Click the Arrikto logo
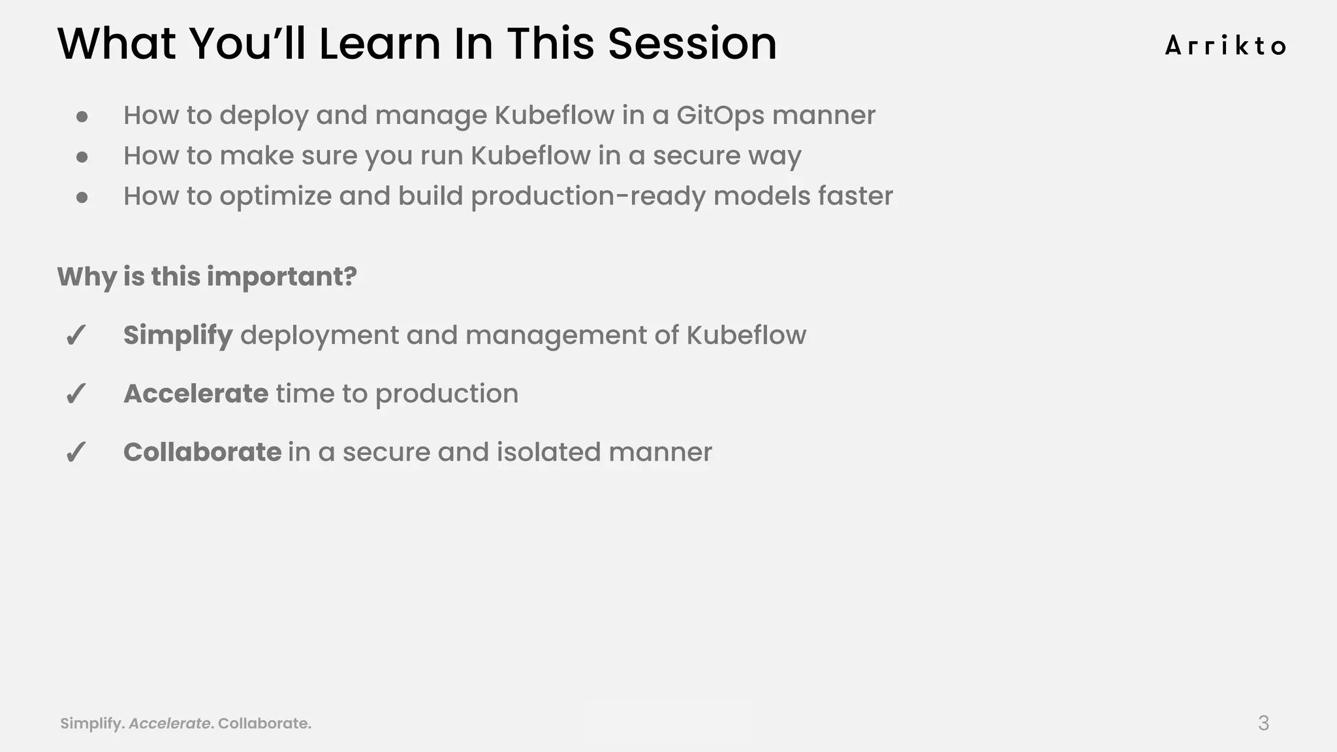coord(1225,46)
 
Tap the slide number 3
coord(1263,723)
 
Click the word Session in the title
coord(692,44)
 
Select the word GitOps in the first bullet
coord(720,116)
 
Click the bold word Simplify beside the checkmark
coord(178,336)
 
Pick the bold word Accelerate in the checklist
coord(196,394)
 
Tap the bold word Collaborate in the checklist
coord(202,452)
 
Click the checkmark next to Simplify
coord(76,336)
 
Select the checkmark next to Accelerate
coord(76,394)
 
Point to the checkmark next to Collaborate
coord(76,453)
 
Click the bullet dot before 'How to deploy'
coord(82,117)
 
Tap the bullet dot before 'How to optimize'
coord(82,197)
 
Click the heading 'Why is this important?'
coord(207,277)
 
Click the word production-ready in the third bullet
coord(588,196)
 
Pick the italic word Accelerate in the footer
coord(170,723)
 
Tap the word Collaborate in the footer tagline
coord(263,723)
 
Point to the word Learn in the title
coord(380,44)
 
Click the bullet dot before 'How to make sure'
coord(82,157)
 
